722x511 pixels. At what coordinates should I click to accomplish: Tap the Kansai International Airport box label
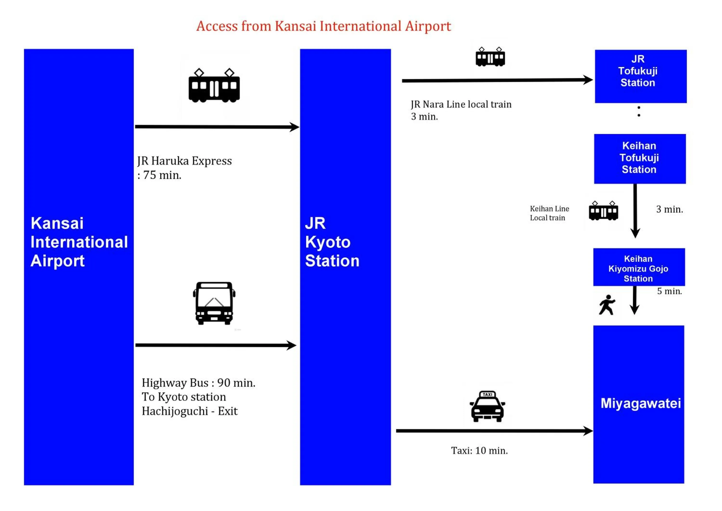pyautogui.click(x=79, y=242)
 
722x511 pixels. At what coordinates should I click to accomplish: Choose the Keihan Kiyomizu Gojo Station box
pyautogui.click(x=639, y=267)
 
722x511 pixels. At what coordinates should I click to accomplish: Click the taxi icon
pyautogui.click(x=487, y=406)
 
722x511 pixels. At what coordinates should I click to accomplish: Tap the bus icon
pyautogui.click(x=214, y=303)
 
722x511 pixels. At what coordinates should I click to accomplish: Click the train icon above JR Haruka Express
pyautogui.click(x=214, y=85)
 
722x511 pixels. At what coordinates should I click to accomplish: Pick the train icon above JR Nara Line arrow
pyautogui.click(x=490, y=57)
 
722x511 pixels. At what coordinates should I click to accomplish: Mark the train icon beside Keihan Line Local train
pyautogui.click(x=603, y=211)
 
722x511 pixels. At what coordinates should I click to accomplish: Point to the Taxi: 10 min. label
pyautogui.click(x=479, y=451)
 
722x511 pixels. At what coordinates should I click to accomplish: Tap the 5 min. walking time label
pyautogui.click(x=669, y=291)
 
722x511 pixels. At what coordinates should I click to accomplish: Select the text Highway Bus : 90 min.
pyautogui.click(x=198, y=383)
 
